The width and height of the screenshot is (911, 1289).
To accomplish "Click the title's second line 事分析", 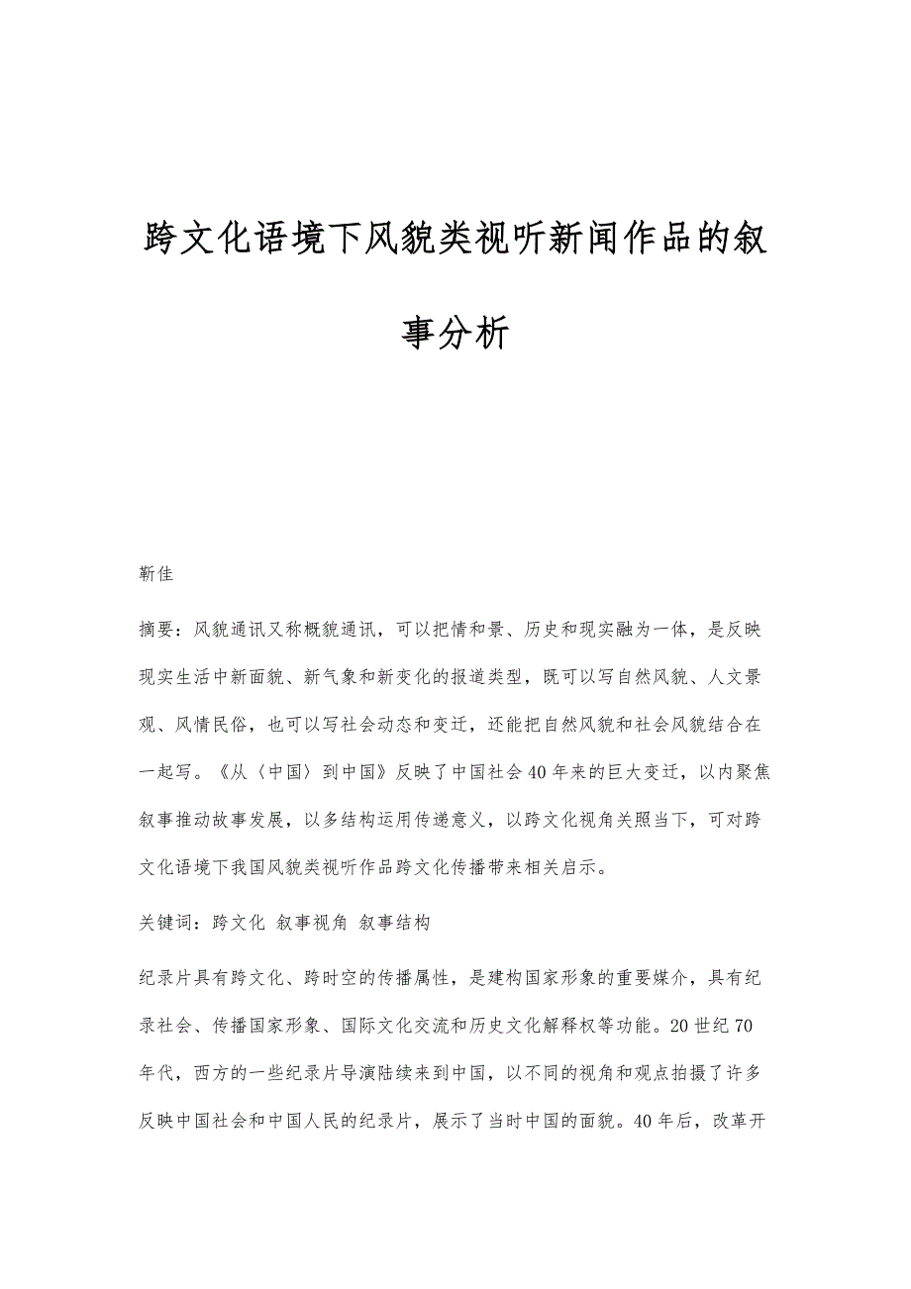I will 455,333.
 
